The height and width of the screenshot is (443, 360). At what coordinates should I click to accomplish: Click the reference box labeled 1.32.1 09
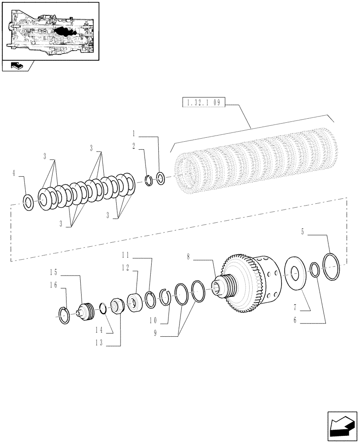pos(203,103)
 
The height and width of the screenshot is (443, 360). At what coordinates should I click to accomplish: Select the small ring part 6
pos(314,270)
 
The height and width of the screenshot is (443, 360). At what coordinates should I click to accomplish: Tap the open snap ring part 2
pos(149,180)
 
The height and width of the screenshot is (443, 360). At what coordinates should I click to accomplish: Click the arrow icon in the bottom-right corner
pos(342,427)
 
